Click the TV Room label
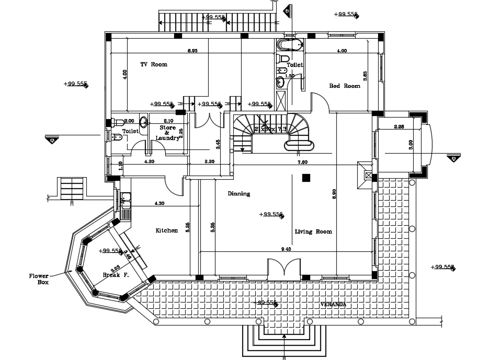(153, 65)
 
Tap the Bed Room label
(345, 86)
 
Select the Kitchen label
(166, 230)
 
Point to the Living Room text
(313, 231)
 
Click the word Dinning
(238, 194)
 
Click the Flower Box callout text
(39, 278)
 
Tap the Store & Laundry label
(167, 133)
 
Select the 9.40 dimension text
(286, 249)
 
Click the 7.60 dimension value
(302, 162)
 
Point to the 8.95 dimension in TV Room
(192, 51)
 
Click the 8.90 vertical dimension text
(335, 194)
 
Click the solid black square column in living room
(305, 178)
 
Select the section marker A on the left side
(52, 140)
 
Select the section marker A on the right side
(453, 158)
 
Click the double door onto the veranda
(284, 269)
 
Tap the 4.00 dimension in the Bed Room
(342, 51)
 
